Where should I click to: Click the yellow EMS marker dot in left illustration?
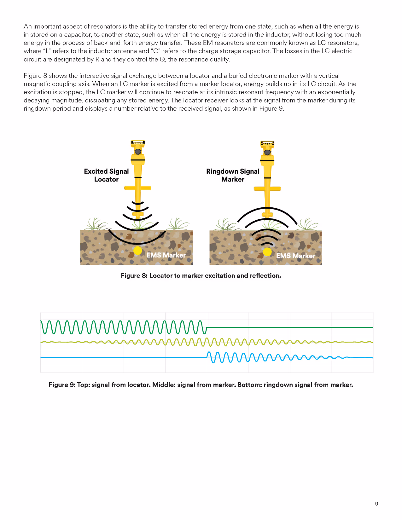(137, 251)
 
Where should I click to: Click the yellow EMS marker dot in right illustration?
(267, 252)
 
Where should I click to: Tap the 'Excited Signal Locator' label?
(106, 175)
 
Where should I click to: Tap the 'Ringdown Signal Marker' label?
(233, 175)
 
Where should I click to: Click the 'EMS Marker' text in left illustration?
(166, 255)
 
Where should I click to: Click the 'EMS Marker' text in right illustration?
(295, 256)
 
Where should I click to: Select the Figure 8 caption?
(201, 276)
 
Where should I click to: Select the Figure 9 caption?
(201, 385)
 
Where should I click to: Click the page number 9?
(376, 504)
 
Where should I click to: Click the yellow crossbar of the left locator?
(138, 188)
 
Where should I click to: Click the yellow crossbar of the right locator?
(267, 189)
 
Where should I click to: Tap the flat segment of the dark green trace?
(290, 327)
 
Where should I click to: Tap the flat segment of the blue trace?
(123, 357)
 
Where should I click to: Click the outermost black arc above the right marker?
(267, 208)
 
